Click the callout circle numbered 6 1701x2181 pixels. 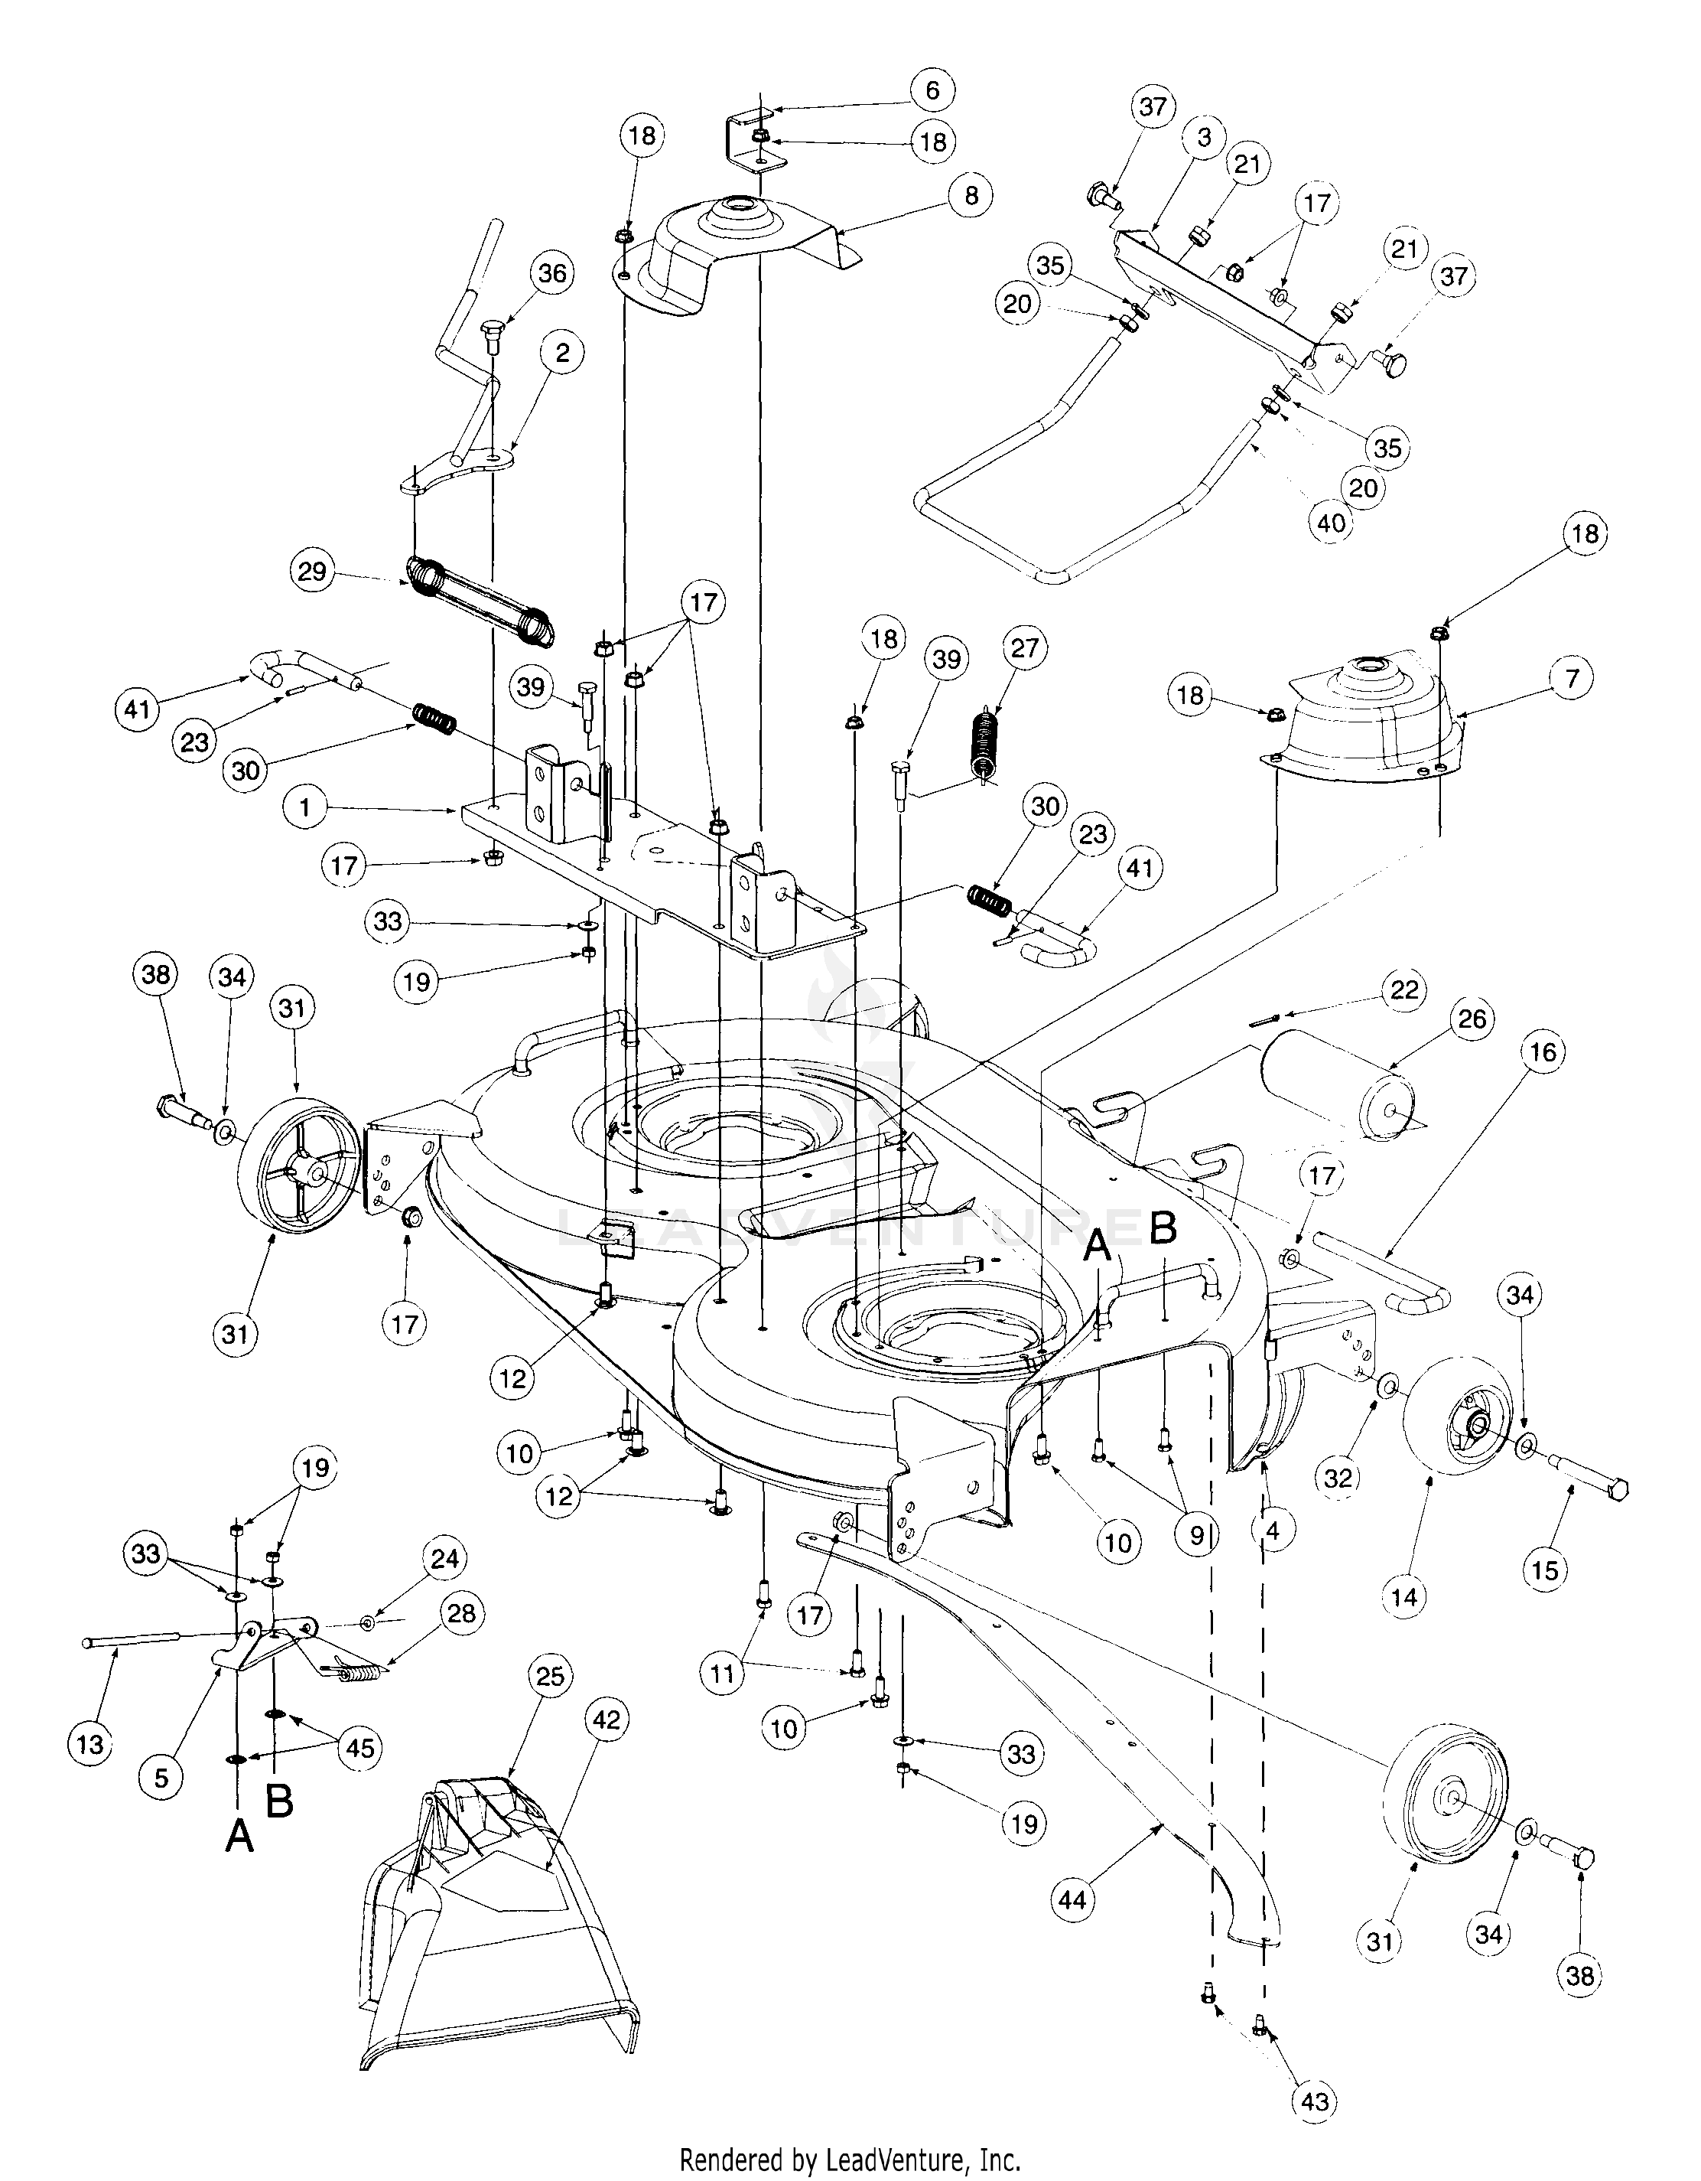(932, 91)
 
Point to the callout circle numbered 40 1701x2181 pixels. (1332, 523)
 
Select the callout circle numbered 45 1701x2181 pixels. (359, 1748)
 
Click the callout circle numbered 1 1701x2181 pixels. (305, 807)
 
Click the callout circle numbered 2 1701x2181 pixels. (563, 353)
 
